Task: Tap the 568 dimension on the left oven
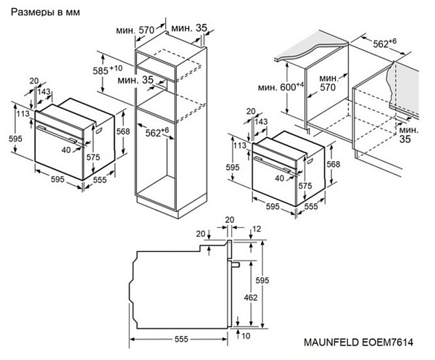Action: [x=123, y=131]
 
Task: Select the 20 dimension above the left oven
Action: [x=34, y=81]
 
